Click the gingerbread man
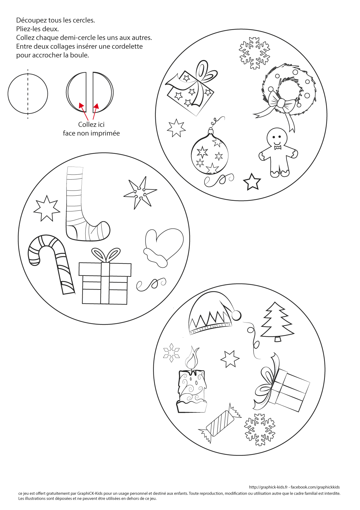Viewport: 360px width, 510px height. (x=277, y=153)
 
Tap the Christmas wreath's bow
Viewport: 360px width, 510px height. (x=281, y=103)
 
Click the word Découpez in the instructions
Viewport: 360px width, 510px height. (x=31, y=20)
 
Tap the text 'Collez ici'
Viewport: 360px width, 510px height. (x=91, y=124)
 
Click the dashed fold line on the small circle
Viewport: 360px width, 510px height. (x=28, y=94)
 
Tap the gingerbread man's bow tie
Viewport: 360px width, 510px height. (x=278, y=147)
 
